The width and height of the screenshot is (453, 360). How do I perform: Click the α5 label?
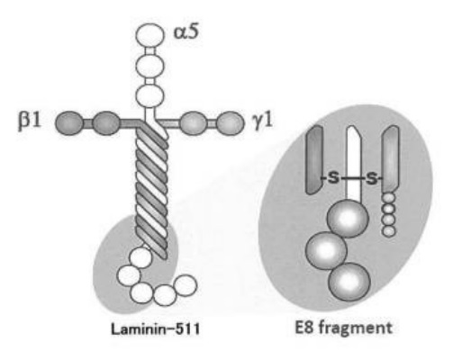186,32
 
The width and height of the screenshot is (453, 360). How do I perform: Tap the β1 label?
29,122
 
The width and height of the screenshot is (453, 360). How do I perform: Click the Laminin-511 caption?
155,329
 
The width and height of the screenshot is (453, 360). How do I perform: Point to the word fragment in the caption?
356,328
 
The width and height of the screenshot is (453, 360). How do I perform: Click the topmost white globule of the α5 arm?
150,35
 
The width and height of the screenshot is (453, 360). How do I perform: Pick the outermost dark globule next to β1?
69,123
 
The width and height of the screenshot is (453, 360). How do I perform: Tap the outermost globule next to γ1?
231,123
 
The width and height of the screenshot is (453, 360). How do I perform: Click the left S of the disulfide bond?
333,179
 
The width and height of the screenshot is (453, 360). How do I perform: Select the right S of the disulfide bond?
372,179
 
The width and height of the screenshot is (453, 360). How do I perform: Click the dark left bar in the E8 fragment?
314,159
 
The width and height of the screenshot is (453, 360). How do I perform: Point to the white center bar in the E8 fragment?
354,164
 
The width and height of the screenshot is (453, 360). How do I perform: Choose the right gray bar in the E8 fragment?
391,159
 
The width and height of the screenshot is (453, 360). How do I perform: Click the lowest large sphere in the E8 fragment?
349,282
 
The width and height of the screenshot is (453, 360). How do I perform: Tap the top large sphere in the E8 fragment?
348,219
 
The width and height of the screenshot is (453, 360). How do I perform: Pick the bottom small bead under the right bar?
389,231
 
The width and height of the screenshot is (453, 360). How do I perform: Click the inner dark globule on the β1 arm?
105,123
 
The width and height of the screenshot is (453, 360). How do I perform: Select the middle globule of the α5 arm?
149,66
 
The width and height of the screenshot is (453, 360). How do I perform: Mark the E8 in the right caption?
304,327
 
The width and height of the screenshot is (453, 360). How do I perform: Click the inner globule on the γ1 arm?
194,123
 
